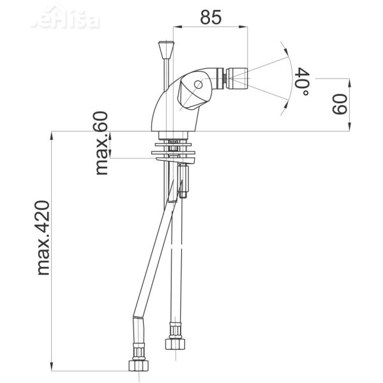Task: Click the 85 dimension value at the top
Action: coord(211,17)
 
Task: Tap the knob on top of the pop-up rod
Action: coord(165,49)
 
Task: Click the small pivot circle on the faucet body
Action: coord(199,84)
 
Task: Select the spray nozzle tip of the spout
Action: coord(225,78)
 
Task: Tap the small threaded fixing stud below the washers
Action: coord(184,181)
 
